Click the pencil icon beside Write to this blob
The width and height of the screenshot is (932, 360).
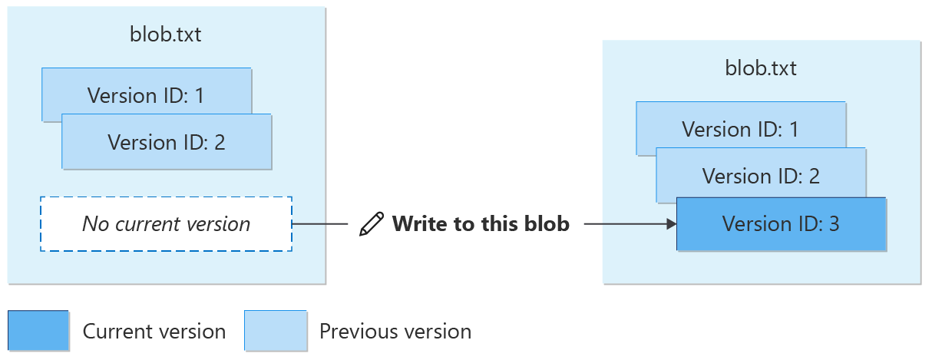tap(372, 224)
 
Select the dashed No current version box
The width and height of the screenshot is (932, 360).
tap(166, 224)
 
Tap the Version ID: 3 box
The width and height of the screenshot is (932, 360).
tap(781, 224)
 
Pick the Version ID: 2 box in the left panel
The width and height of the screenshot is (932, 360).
tap(166, 142)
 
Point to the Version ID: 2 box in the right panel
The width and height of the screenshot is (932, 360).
tap(761, 175)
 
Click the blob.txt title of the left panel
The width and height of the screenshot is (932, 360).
tap(166, 35)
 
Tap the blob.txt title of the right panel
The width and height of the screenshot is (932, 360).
tap(761, 68)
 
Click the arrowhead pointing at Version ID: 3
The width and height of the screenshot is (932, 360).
tap(671, 224)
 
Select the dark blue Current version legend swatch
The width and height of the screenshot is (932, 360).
tap(38, 331)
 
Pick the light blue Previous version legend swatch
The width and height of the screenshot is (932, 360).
tap(275, 331)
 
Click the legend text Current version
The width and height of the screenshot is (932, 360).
tap(154, 332)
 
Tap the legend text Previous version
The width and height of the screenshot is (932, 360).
tap(395, 332)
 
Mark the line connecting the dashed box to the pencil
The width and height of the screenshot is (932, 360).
tap(320, 224)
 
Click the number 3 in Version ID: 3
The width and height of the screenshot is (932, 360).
tap(833, 224)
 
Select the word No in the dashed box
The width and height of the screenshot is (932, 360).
tap(94, 224)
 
